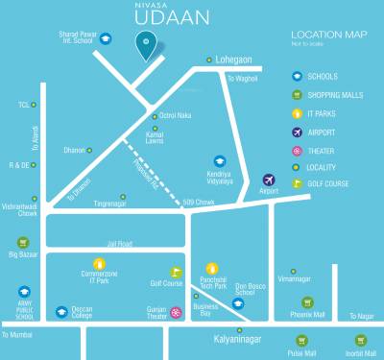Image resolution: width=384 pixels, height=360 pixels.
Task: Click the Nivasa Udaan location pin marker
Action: (x=146, y=42)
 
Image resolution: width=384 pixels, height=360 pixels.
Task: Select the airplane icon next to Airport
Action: (x=270, y=179)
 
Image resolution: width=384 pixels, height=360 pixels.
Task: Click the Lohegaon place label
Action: (x=235, y=59)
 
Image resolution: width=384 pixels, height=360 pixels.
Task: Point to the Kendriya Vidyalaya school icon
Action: (x=220, y=161)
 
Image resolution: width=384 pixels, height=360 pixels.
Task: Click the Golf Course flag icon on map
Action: (x=176, y=273)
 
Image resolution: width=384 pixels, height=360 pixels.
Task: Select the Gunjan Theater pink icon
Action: (x=176, y=312)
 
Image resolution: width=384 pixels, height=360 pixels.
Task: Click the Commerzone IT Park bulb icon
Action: (x=98, y=263)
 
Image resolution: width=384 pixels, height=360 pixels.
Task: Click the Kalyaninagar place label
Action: (x=239, y=339)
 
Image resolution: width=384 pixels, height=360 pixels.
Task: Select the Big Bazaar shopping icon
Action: (x=21, y=242)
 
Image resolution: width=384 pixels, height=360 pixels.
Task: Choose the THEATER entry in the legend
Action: (x=322, y=149)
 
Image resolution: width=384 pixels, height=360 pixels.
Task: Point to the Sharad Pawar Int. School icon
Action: (x=106, y=38)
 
